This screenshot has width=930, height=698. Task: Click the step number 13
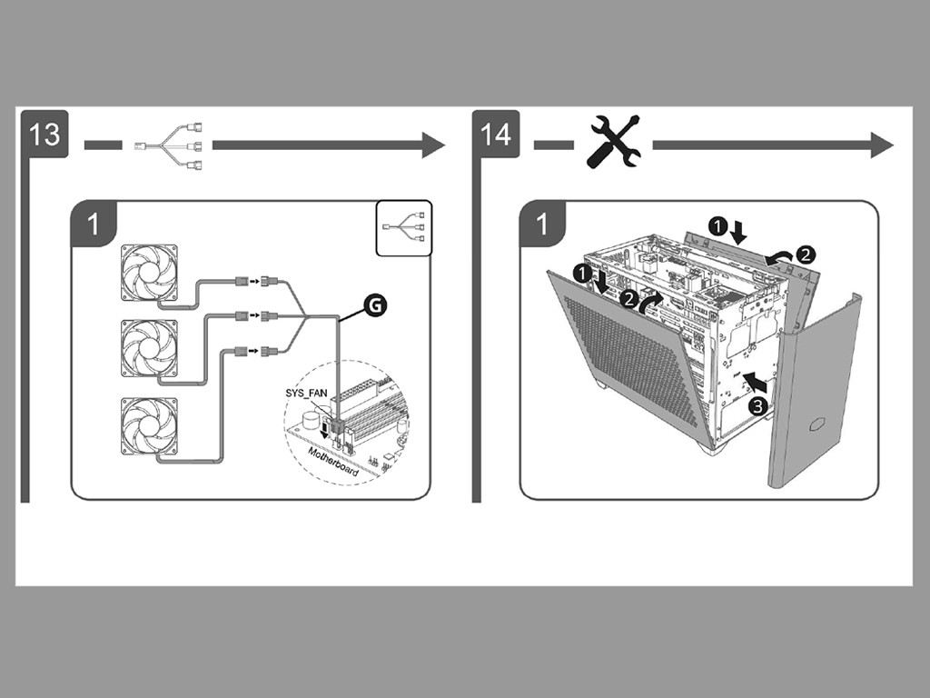click(44, 134)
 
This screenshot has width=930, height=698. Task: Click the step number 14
click(496, 134)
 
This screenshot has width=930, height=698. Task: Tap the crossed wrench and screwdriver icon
click(615, 142)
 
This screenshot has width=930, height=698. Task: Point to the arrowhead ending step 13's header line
click(432, 144)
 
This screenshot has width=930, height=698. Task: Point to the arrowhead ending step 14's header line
click(882, 144)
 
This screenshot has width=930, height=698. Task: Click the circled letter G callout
click(373, 306)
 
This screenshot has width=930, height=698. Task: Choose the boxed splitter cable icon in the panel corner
click(404, 226)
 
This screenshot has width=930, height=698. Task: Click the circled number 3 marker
click(757, 406)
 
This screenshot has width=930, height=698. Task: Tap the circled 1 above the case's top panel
click(718, 223)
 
